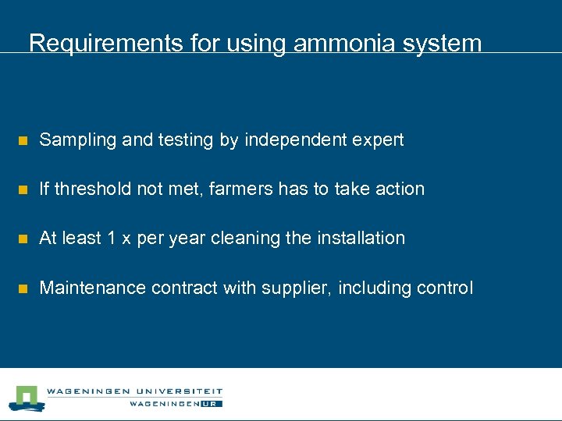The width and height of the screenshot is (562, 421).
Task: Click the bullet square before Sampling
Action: (x=23, y=141)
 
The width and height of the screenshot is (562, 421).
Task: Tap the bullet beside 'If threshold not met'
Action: (x=23, y=190)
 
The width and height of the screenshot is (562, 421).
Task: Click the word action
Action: (x=399, y=189)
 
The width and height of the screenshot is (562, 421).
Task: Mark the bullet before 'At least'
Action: (x=23, y=239)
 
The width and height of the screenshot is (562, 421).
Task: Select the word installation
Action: (x=361, y=238)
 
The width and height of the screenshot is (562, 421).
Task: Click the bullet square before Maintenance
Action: (x=23, y=289)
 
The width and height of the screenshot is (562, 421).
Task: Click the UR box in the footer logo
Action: (x=212, y=404)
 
